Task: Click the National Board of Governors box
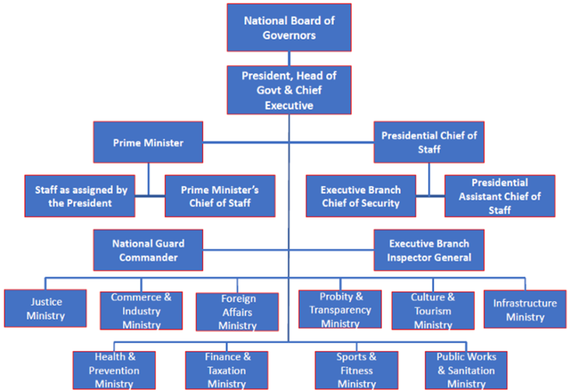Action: point(289,28)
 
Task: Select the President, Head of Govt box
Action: point(289,90)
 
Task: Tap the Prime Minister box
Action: point(148,143)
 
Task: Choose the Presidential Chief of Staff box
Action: point(429,143)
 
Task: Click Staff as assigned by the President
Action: point(80,196)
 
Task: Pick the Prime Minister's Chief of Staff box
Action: point(220,196)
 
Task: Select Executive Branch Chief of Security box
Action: point(361,196)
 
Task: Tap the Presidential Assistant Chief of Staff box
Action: point(500,196)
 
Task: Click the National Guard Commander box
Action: point(148,250)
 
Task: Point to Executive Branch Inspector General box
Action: point(429,250)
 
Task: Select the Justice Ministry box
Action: point(46,308)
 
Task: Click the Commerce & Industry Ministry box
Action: point(141,311)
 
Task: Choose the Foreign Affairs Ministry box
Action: point(238,312)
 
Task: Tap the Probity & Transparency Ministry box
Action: point(340,310)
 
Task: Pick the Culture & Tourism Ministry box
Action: point(433,311)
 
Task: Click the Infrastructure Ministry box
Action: point(525,310)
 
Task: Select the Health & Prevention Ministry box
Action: point(114,370)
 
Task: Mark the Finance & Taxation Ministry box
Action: point(227,370)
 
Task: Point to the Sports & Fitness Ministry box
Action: point(356,370)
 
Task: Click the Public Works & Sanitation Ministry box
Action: point(466,370)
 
